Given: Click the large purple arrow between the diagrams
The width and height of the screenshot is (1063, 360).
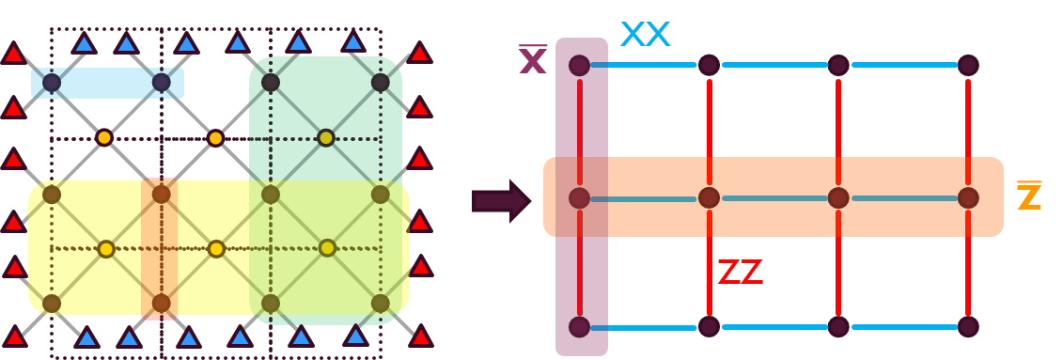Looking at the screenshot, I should coord(501,201).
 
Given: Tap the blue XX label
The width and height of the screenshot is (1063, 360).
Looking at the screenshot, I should coord(645,36).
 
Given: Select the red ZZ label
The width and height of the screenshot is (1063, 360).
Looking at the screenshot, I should coord(740,273).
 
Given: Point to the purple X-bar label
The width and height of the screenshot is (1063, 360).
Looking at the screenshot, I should coord(533,60).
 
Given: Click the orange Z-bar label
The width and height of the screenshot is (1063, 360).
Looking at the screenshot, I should coord(1029,197).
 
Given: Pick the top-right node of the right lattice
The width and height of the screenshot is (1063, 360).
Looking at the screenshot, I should coord(968,65).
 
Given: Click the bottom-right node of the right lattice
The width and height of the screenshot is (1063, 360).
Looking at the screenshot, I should coord(968,326).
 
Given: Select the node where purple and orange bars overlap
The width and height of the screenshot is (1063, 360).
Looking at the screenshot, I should coord(580,198).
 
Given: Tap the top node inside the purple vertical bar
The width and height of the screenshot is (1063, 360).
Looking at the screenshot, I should coord(580,65).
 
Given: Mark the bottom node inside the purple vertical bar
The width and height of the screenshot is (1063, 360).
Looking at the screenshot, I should coord(580,326).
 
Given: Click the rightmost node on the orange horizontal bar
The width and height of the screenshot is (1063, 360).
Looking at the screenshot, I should coord(968,198).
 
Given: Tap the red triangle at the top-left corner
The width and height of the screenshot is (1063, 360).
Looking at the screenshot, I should coord(12,53).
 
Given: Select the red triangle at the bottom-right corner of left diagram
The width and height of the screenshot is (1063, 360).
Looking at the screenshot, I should coord(420,336).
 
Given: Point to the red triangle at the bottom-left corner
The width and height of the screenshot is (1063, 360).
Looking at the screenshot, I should coord(12,336).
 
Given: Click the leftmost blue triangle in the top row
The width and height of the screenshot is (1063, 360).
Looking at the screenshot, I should coord(84,42).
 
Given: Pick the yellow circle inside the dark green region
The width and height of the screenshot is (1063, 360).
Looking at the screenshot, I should coord(326,138).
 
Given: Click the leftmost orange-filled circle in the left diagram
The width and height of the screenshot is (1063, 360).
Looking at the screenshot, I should coord(104,138).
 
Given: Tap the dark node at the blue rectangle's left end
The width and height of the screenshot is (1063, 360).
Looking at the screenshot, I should coord(52,83).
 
